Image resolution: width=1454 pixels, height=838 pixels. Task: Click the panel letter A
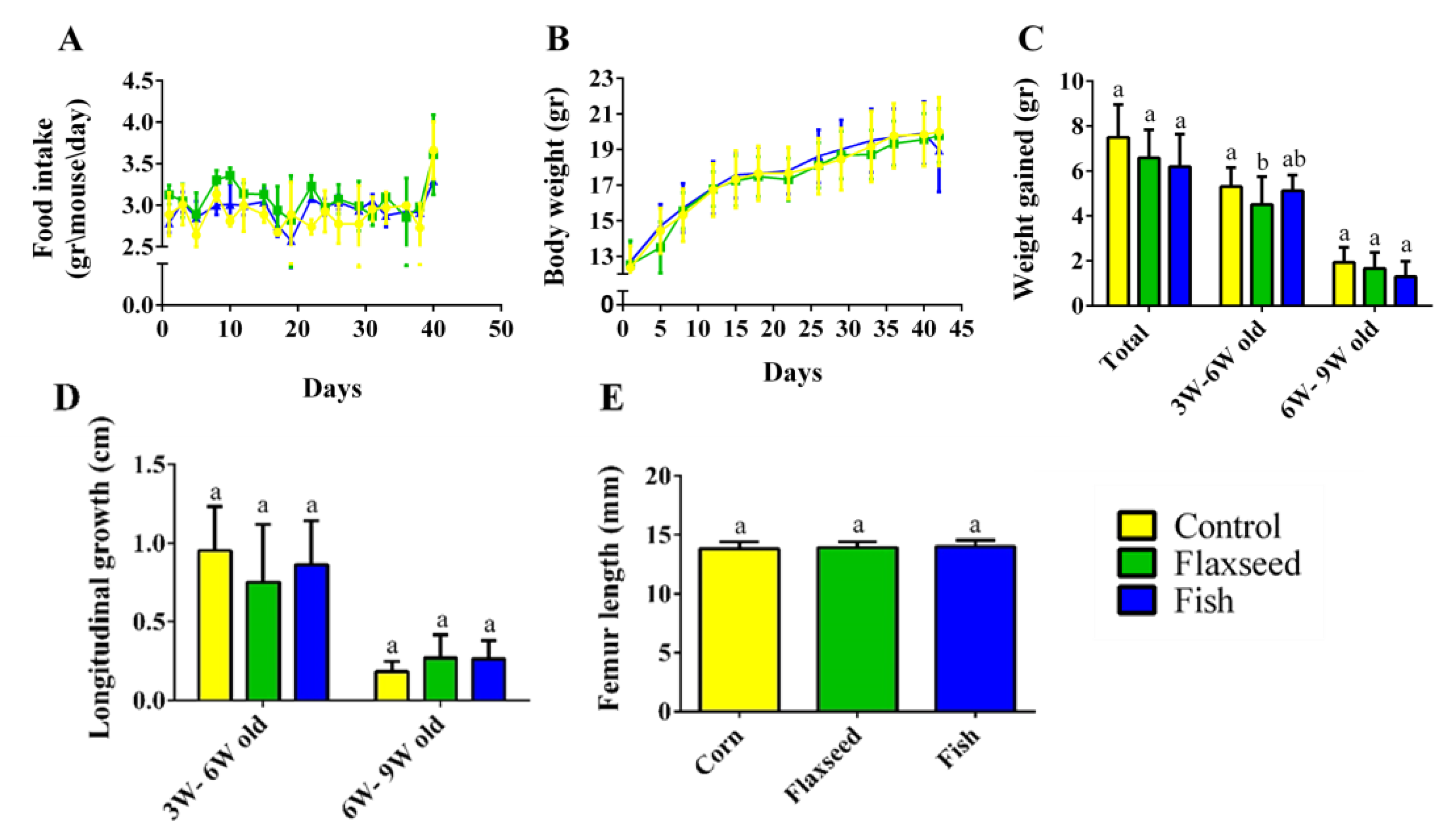(x=70, y=40)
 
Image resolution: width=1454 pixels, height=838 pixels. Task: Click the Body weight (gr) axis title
(x=556, y=186)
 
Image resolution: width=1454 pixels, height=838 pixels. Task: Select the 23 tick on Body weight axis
(x=601, y=78)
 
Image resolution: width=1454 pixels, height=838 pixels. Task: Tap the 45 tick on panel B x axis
(x=959, y=329)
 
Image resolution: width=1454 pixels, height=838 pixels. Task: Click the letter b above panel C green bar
(x=1263, y=163)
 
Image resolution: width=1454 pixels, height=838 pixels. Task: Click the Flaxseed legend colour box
(x=1136, y=563)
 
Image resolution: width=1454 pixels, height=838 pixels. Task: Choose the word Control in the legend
(x=1227, y=526)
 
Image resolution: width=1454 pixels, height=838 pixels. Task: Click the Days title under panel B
(x=792, y=373)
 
